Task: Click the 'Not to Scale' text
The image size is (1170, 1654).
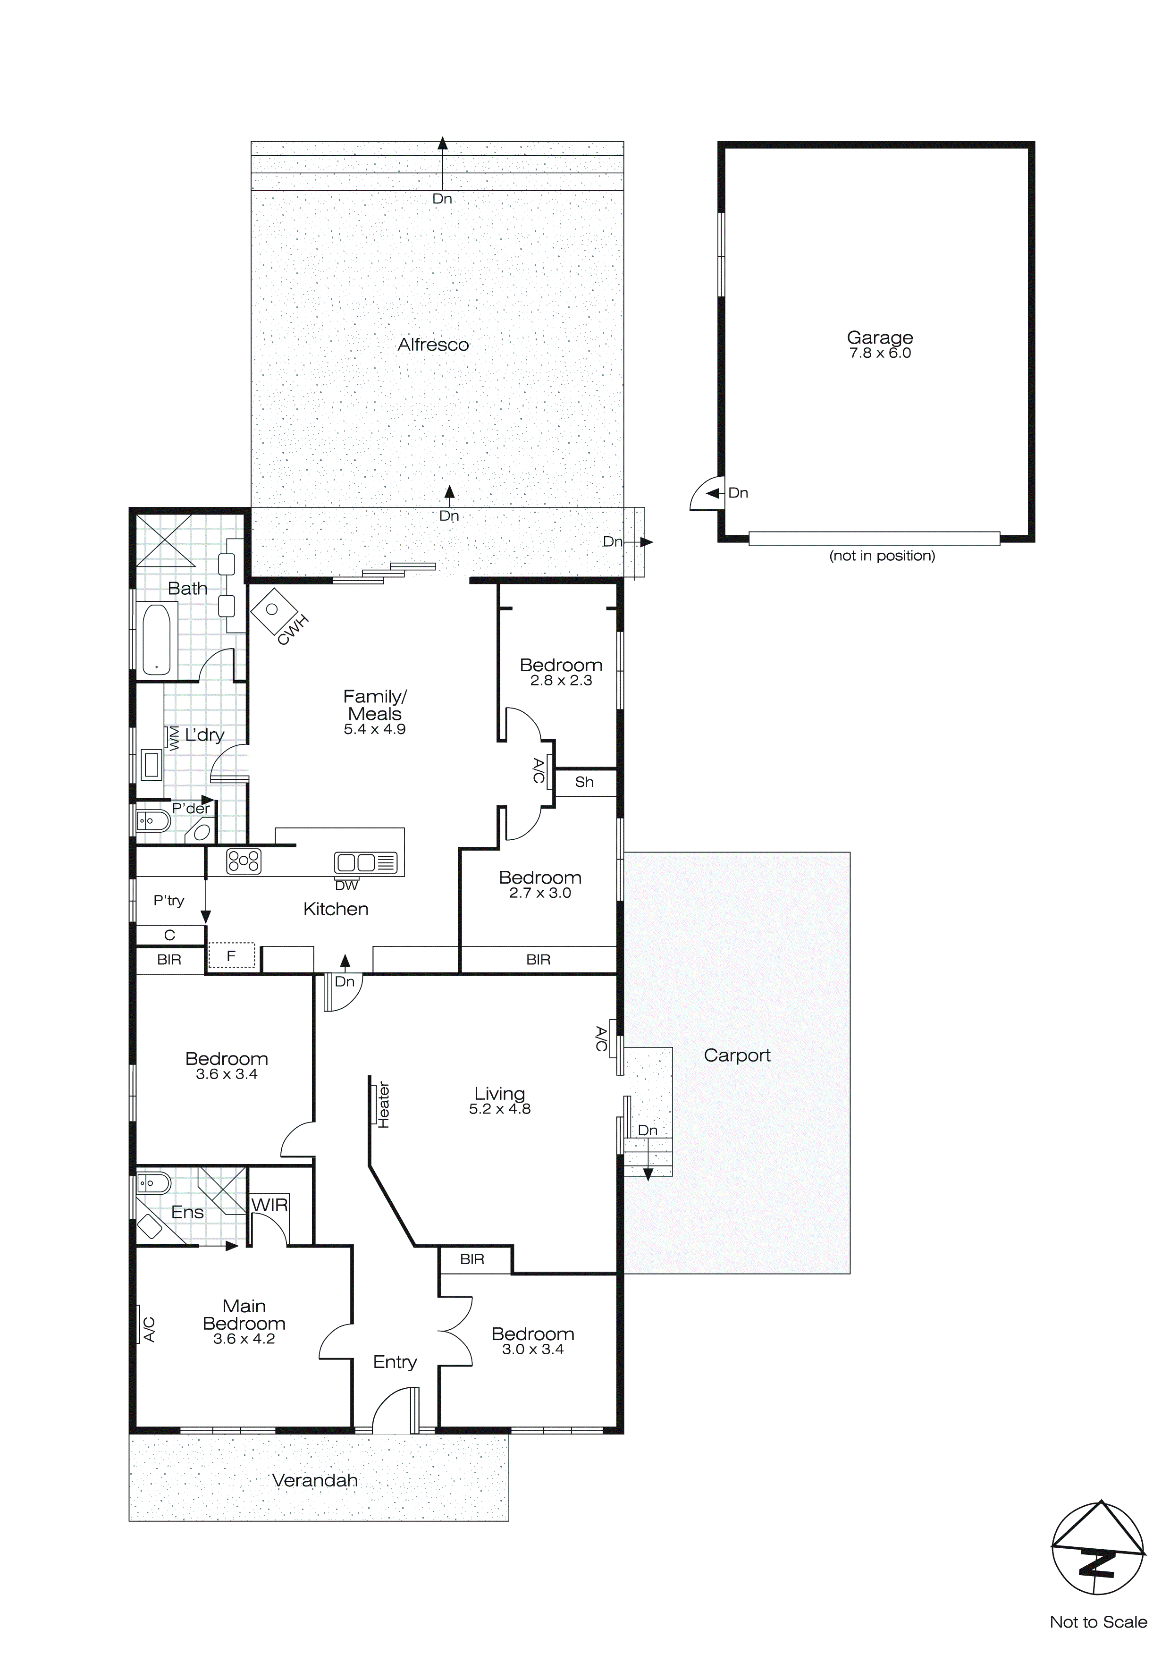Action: pyautogui.click(x=1098, y=1621)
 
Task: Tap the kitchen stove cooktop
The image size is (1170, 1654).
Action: pyautogui.click(x=244, y=861)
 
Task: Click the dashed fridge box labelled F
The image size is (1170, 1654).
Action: pyautogui.click(x=231, y=956)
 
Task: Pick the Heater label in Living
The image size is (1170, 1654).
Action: pyautogui.click(x=383, y=1105)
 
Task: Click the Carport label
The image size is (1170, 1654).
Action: pyautogui.click(x=737, y=1055)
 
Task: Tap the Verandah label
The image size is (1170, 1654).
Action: pyautogui.click(x=315, y=1480)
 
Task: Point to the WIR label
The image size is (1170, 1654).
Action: pyautogui.click(x=269, y=1205)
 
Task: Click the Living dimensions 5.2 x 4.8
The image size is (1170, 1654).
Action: pyautogui.click(x=499, y=1109)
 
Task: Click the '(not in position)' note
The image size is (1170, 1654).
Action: pyautogui.click(x=882, y=556)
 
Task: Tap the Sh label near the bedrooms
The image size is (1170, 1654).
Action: pyautogui.click(x=584, y=782)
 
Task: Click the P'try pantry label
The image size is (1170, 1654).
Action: pyautogui.click(x=168, y=901)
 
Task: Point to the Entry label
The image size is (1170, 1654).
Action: pyautogui.click(x=395, y=1362)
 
